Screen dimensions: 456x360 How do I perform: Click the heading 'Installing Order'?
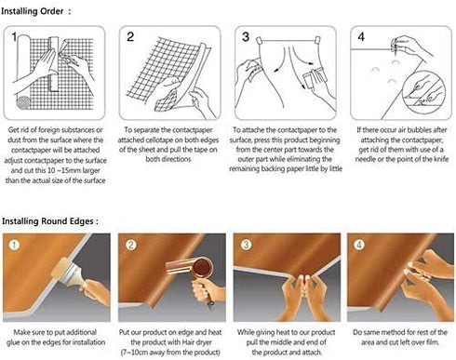click(33, 11)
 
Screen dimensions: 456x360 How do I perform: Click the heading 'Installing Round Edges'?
click(47, 221)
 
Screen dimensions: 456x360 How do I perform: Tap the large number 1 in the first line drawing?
click(14, 37)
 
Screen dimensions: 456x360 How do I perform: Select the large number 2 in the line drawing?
click(130, 37)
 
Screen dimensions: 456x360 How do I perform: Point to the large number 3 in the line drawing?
click(246, 37)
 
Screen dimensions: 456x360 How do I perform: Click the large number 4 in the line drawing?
click(361, 37)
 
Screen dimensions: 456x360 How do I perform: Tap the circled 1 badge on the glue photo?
click(14, 245)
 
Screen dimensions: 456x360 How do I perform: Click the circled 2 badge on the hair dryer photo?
click(131, 245)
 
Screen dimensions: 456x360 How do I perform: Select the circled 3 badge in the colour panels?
click(246, 245)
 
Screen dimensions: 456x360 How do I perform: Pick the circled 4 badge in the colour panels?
click(359, 245)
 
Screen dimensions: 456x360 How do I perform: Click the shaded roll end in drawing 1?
click(23, 102)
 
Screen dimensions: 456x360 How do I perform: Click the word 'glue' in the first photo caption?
click(13, 342)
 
